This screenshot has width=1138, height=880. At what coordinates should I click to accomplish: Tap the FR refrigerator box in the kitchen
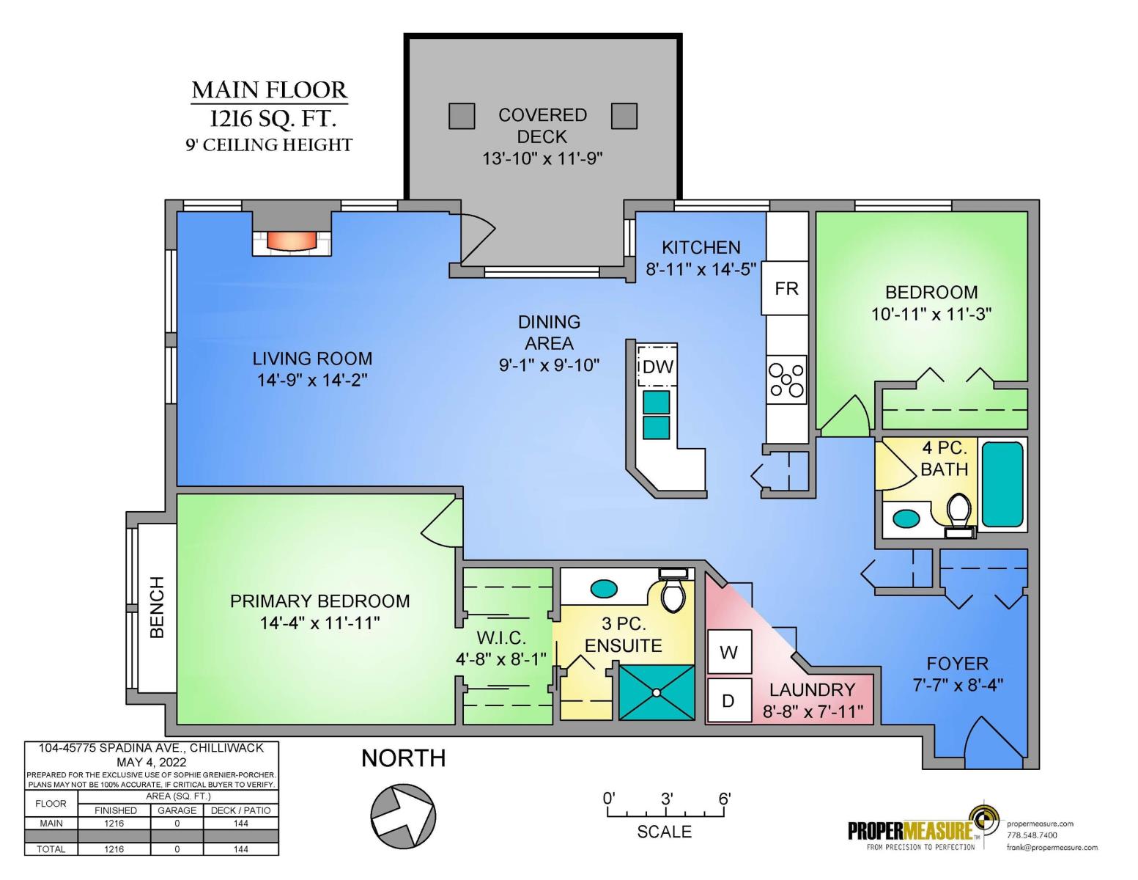[785, 288]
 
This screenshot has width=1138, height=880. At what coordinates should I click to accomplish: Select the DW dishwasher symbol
[657, 366]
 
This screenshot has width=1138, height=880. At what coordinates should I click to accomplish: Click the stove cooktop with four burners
[786, 380]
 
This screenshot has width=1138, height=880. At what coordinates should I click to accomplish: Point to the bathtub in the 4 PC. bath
[1002, 484]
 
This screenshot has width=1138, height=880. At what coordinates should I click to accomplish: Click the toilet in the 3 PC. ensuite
[673, 590]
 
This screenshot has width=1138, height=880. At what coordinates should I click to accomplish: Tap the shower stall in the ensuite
[657, 692]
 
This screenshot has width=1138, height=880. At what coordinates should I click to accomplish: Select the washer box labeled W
[729, 652]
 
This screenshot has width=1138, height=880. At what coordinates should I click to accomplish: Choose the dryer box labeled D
[729, 700]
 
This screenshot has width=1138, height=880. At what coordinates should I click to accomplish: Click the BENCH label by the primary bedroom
[157, 607]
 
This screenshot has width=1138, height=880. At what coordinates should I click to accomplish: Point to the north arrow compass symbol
[403, 816]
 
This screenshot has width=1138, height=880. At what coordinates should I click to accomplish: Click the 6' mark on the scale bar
[725, 799]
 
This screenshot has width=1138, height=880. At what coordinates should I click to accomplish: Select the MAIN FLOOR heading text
[269, 90]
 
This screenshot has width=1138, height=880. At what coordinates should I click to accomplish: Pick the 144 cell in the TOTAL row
[241, 849]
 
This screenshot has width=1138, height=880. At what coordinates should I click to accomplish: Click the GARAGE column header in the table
[177, 810]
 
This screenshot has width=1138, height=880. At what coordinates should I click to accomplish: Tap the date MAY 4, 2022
[152, 762]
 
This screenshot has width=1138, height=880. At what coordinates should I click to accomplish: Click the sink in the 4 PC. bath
[906, 519]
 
